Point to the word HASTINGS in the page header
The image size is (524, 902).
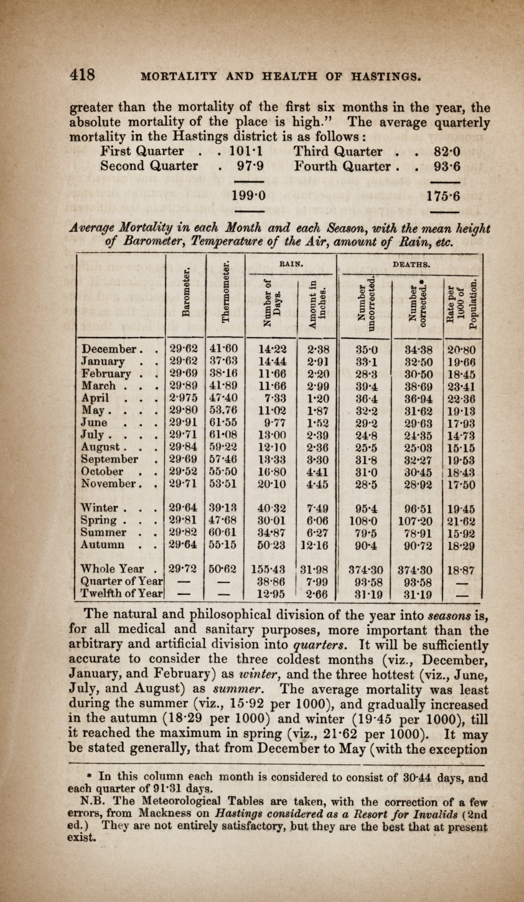[365, 76]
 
